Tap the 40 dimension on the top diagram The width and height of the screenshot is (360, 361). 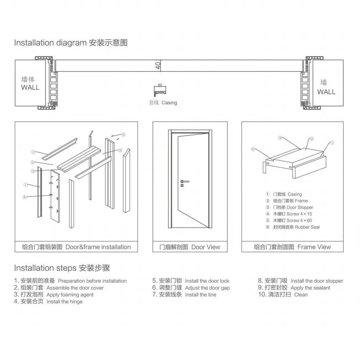point(158,66)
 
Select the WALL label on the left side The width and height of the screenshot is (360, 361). point(30,87)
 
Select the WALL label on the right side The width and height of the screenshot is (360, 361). point(326,92)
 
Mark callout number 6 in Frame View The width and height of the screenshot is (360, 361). point(253,149)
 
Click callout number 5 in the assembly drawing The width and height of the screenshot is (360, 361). point(123,135)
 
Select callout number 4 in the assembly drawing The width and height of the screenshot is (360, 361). point(24,197)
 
